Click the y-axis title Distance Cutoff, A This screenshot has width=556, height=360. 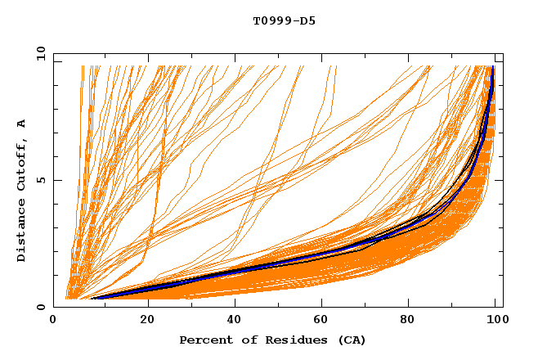21,191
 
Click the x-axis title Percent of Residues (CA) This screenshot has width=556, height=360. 272,340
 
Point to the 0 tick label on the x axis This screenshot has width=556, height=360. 54,321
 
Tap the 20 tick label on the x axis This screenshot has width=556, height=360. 142,321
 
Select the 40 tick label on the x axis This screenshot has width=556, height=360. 231,321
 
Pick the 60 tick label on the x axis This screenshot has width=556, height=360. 320,321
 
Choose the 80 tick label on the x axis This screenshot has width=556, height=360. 408,321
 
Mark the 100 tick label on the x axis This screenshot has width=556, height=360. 496,321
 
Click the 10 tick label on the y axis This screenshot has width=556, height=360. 40,53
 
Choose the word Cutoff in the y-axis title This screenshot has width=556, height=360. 21,166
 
